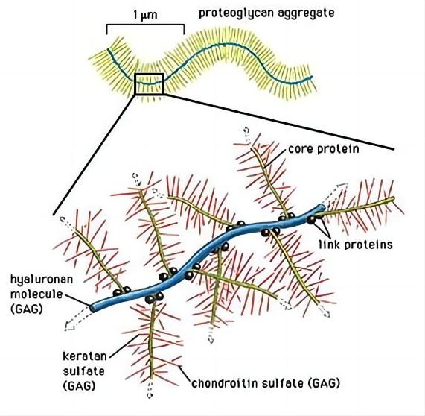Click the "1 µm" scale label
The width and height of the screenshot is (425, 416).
(145, 15)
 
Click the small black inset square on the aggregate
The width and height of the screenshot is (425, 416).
(149, 84)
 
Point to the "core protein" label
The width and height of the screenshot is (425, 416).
(324, 149)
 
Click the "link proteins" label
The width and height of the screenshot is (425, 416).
(356, 245)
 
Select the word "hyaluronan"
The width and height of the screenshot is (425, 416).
(42, 280)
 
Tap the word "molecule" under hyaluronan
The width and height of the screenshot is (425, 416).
(36, 294)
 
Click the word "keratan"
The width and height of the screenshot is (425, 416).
(85, 356)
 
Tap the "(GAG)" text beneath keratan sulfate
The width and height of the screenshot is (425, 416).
(79, 386)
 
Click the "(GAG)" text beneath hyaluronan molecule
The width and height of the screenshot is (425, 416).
(27, 309)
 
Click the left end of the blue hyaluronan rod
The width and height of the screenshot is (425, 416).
(92, 308)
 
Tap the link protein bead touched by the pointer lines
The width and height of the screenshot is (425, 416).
(311, 220)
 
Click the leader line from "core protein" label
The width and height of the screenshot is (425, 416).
(276, 157)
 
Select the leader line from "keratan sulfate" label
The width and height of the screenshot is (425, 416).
(124, 345)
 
